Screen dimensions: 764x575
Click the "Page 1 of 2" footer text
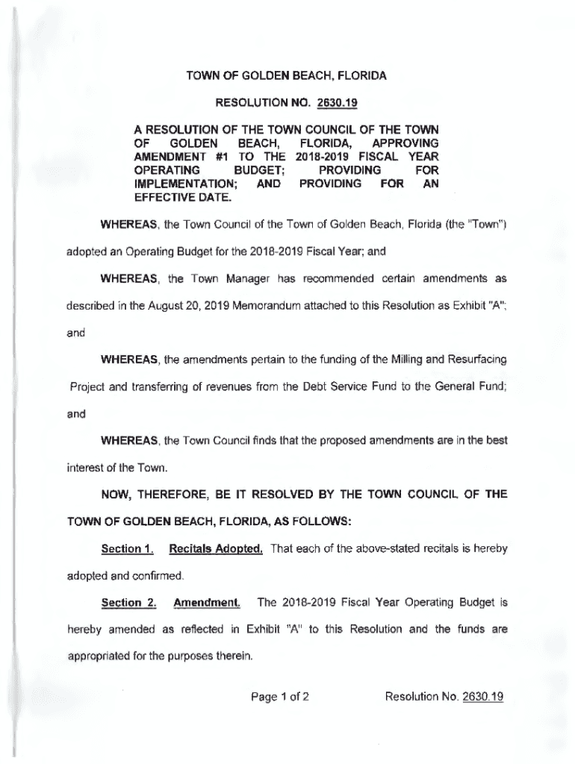pos(279,697)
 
